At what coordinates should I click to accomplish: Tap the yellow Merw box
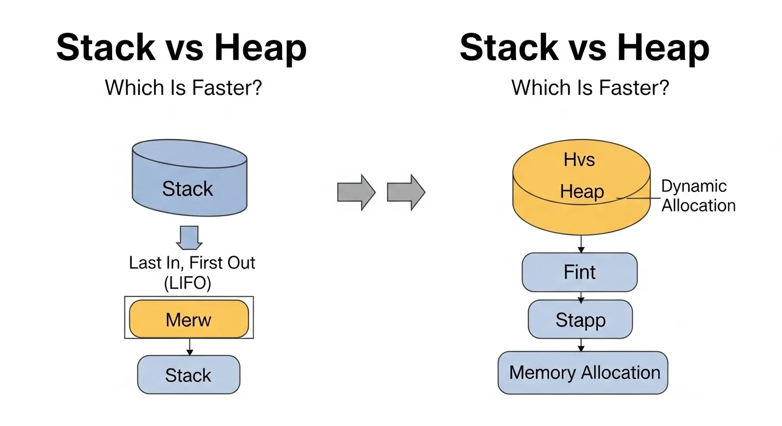(x=189, y=319)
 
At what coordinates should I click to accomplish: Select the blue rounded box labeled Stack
(x=189, y=375)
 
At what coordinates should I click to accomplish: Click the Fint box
(x=579, y=272)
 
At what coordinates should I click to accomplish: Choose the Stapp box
(x=580, y=319)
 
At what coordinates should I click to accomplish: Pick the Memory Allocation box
(x=583, y=373)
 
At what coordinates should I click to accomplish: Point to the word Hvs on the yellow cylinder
(x=579, y=160)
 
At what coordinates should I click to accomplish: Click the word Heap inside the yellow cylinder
(x=582, y=192)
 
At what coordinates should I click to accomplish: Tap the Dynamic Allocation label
(x=698, y=196)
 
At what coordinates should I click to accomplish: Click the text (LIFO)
(x=188, y=283)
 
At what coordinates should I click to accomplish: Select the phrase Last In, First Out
(x=192, y=262)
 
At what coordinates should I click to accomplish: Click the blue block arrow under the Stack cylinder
(x=189, y=238)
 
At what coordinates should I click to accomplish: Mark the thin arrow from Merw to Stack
(x=189, y=347)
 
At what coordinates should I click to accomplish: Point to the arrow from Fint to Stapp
(x=581, y=296)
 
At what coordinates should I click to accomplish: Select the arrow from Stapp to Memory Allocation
(x=581, y=344)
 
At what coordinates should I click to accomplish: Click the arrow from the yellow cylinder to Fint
(x=581, y=244)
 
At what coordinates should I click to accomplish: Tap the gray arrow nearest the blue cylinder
(x=356, y=192)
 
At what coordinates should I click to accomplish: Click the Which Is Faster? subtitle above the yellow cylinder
(x=590, y=88)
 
